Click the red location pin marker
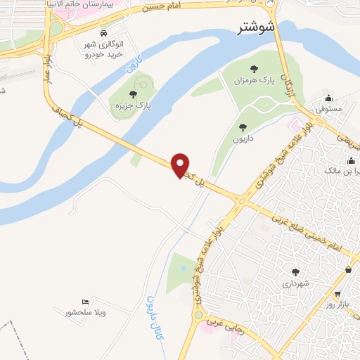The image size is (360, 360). [x=181, y=165]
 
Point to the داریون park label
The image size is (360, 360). [x=243, y=139]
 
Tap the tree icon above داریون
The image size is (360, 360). [x=243, y=127]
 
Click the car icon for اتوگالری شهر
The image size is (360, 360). [x=104, y=34]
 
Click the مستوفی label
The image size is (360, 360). [x=328, y=110]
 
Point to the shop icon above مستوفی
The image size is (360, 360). [x=329, y=98]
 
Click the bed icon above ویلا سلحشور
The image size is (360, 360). [x=85, y=301]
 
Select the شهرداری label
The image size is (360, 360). [x=295, y=283]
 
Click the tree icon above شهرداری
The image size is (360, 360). [x=295, y=272]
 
